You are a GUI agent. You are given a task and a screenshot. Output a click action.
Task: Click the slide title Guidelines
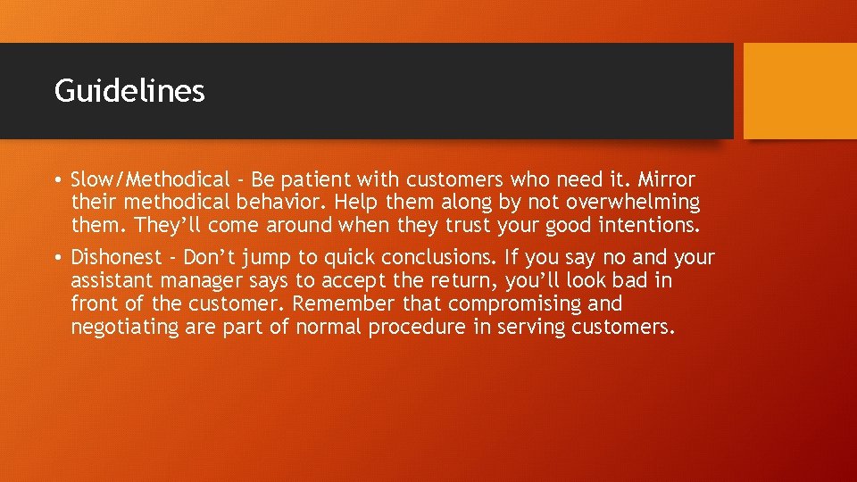[129, 90]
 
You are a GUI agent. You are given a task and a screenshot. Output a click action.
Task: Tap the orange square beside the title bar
[800, 91]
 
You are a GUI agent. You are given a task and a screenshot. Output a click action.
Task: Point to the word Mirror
[666, 179]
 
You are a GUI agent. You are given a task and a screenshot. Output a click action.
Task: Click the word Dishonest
[116, 258]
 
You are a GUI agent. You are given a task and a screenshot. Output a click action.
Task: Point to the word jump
[270, 258]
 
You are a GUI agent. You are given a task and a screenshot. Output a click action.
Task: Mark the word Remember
[342, 304]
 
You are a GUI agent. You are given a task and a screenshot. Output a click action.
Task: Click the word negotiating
[125, 328]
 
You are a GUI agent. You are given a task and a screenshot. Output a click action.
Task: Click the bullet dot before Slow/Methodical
[57, 179]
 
